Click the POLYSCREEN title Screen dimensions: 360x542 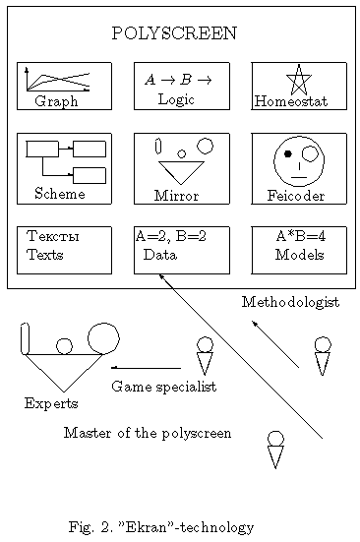point(174,32)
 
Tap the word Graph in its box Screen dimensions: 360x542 point(55,101)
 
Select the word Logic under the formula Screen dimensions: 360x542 point(176,99)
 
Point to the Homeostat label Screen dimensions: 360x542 point(290,101)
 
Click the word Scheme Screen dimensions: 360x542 point(59,194)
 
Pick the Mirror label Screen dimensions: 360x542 point(176,196)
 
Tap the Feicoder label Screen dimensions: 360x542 point(296,196)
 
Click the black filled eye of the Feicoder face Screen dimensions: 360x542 point(287,154)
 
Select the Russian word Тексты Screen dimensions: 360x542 point(52,237)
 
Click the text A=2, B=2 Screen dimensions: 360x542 point(170,236)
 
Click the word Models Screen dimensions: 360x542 point(299,254)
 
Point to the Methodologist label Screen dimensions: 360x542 point(290,302)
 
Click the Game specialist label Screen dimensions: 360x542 point(163,387)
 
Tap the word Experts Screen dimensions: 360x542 point(51,403)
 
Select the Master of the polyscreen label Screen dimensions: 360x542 point(148,433)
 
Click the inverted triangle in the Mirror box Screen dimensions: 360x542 point(181,172)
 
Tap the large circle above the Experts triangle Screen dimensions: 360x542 point(103,338)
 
